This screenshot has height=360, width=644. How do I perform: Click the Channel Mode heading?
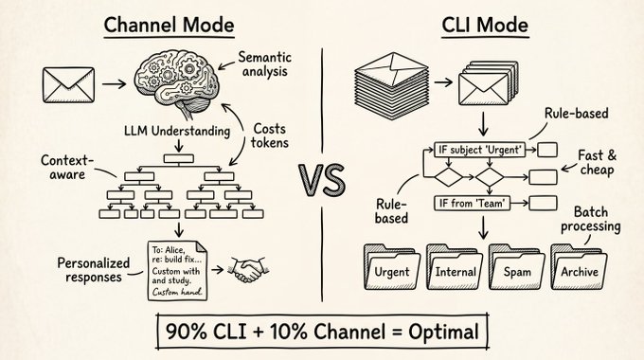pos(169,26)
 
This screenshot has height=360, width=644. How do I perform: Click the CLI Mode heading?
pos(485,26)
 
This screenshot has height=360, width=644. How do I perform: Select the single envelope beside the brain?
pos(68,85)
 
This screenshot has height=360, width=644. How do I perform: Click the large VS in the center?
pos(322,180)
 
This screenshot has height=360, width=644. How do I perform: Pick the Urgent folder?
pos(392,267)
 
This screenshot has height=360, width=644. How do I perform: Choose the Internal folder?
pos(455,267)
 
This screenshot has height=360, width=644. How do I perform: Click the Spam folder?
pos(517,267)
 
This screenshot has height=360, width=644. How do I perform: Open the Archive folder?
pos(579,267)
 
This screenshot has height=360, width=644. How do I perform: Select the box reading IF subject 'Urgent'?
pos(480,150)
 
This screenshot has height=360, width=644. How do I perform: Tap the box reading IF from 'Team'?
pos(473,203)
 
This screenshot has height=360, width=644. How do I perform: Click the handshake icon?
pos(248,270)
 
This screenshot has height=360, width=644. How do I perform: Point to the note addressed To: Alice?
pos(177,270)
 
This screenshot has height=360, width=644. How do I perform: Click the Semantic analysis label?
pos(264,64)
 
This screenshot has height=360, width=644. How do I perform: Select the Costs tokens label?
pos(269,135)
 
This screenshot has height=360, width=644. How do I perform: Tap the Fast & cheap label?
pos(598,163)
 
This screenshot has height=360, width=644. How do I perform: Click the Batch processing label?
pos(591,220)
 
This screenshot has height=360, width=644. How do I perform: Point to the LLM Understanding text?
pos(177,131)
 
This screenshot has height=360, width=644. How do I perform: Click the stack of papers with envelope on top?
pos(392,86)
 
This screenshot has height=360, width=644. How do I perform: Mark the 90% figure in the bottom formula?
pos(186,332)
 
